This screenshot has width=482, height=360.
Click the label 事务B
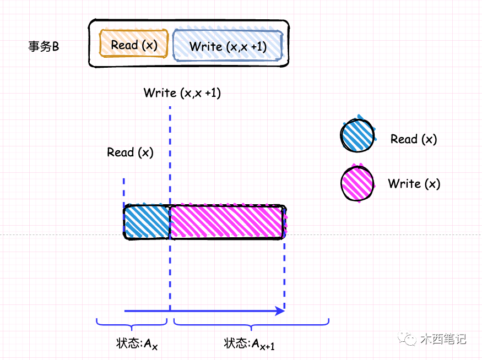(x=44, y=47)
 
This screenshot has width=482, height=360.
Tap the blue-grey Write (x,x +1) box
(x=228, y=46)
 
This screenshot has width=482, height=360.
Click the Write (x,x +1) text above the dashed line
(x=182, y=93)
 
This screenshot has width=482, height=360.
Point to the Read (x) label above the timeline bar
(x=131, y=152)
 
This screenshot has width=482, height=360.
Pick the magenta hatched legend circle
(x=358, y=183)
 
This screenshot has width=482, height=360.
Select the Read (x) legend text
(x=414, y=139)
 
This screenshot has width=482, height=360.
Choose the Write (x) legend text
(x=414, y=184)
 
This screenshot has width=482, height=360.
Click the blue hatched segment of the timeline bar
(x=147, y=222)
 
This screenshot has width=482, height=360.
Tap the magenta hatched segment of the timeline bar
(x=227, y=222)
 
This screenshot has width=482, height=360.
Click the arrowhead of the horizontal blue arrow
(x=280, y=311)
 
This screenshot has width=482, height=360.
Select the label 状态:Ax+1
(x=250, y=344)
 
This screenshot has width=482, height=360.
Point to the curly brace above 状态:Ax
(x=132, y=323)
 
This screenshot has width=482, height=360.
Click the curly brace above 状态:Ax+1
(x=251, y=323)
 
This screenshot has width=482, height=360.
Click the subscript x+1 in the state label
(x=268, y=346)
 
